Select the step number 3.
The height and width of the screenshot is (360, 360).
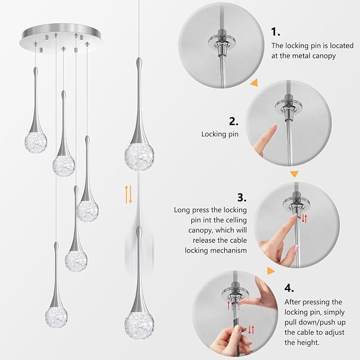pyautogui.click(x=242, y=198)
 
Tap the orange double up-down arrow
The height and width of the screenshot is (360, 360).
pyautogui.click(x=128, y=195)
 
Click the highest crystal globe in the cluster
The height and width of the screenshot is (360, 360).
pyautogui.click(x=36, y=142)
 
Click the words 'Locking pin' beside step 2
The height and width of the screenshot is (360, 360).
pyautogui.click(x=219, y=134)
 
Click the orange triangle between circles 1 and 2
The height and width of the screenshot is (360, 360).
pyautogui.click(x=254, y=83)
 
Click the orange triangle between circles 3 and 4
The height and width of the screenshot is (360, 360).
pyautogui.click(x=271, y=271)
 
